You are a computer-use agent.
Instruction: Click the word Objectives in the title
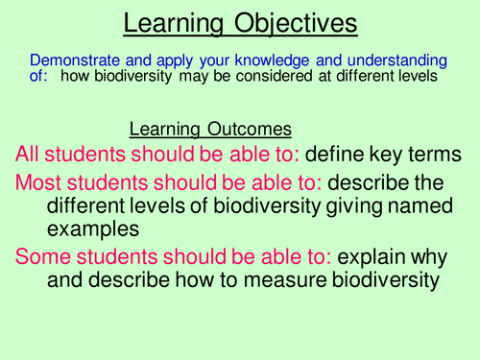click(295, 23)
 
